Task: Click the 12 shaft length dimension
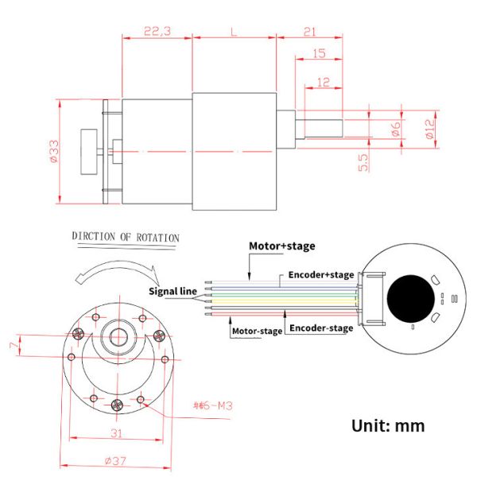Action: point(324,82)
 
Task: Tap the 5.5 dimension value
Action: point(363,162)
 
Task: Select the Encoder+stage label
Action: point(320,275)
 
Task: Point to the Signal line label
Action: point(173,292)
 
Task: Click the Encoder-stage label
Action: point(320,328)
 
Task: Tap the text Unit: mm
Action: point(388,425)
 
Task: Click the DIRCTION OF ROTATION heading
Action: point(126,237)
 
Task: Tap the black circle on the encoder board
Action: point(410,301)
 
